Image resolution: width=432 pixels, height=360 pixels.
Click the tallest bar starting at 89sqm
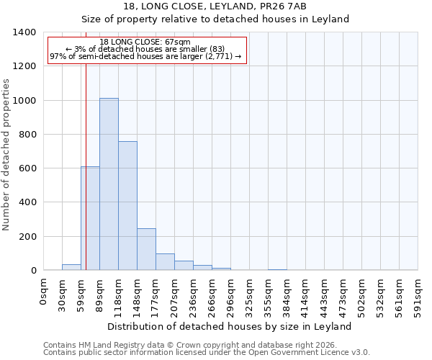(109, 184)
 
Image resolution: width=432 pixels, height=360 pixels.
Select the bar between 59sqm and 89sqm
(90, 218)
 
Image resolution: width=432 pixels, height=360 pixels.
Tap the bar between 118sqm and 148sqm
(127, 205)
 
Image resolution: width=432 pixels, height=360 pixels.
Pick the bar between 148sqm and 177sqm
(146, 249)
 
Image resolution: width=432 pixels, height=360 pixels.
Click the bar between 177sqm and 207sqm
(165, 262)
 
